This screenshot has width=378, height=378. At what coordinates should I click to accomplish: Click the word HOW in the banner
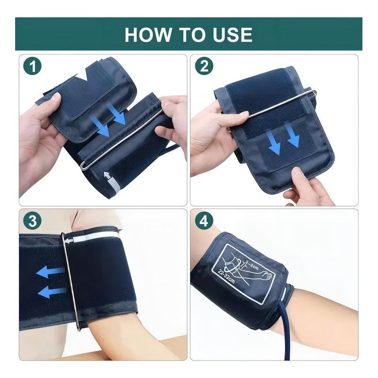(147, 34)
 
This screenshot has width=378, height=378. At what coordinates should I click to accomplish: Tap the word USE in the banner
(232, 34)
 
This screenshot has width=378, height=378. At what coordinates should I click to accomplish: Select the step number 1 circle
(33, 66)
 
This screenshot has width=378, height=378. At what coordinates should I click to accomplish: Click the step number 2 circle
(204, 66)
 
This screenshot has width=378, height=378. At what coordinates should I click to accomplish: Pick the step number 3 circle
(33, 221)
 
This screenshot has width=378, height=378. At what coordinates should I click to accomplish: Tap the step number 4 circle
(204, 221)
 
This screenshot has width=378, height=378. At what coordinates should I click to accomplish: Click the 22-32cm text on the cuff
(226, 276)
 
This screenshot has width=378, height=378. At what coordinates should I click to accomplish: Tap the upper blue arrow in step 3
(50, 272)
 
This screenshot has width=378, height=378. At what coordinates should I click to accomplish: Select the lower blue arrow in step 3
(52, 292)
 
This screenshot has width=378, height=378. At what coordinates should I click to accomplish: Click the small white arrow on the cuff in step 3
(69, 241)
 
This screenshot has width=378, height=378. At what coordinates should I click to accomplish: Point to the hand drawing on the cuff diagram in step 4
(267, 275)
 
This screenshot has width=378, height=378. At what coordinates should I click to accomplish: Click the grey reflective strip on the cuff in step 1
(113, 185)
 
